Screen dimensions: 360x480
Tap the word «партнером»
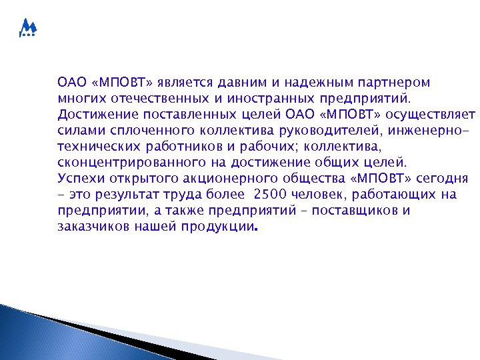(x=394, y=83)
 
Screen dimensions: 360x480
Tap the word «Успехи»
(x=79, y=179)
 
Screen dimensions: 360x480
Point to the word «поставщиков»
(x=361, y=211)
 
